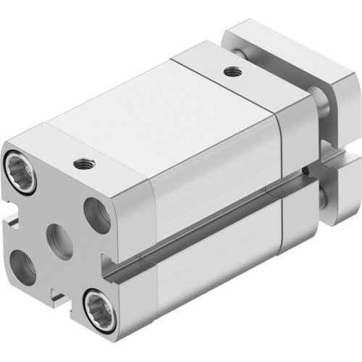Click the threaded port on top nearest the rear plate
[231, 71]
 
